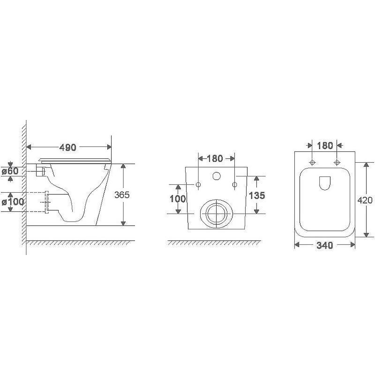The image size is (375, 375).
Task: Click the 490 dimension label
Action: tap(67, 148)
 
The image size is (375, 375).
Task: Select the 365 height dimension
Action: tap(122, 195)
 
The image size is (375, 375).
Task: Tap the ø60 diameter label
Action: tap(10, 171)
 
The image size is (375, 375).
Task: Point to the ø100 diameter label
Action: tap(13, 202)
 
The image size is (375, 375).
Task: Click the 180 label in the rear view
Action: tap(215, 158)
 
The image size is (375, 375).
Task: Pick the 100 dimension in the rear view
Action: tap(178, 198)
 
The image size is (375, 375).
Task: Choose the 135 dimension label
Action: tap(257, 195)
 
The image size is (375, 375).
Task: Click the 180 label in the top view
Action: tap(325, 145)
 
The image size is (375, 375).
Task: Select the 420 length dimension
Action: tap(365, 200)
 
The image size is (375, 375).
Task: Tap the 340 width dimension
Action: tap(324, 245)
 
